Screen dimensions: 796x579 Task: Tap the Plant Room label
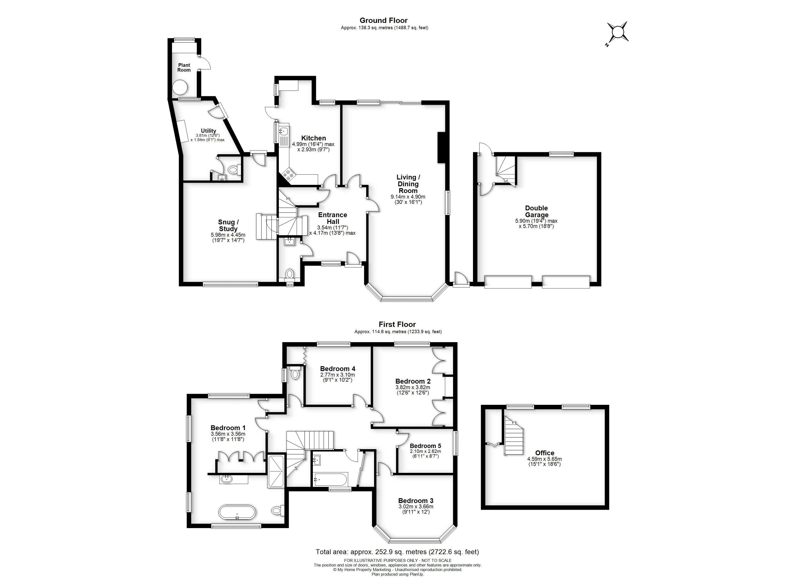pos(184,67)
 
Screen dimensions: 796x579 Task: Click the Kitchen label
pos(313,138)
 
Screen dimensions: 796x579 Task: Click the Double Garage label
pos(536,211)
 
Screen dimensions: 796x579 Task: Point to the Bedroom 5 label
pos(425,446)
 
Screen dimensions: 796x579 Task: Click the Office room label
pos(545,453)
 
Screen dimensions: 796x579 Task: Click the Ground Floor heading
pos(384,20)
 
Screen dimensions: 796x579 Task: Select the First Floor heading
pos(397,324)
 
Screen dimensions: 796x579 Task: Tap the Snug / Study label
pos(228,225)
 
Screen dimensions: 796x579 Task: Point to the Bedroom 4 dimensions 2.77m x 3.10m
pos(337,375)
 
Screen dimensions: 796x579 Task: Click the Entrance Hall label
pos(333,218)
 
